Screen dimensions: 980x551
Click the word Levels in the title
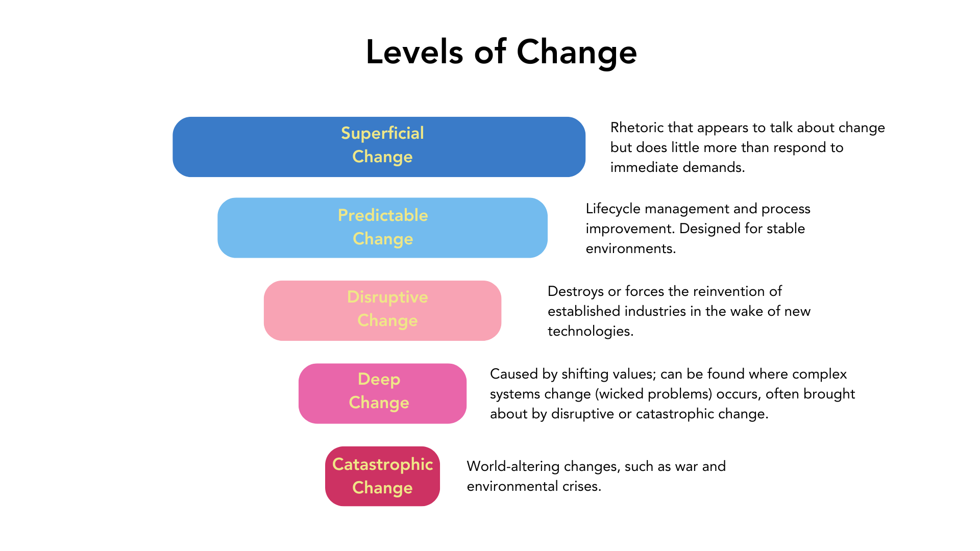[x=414, y=52]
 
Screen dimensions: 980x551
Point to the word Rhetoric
[x=636, y=128]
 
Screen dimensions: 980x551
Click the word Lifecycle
[x=613, y=209]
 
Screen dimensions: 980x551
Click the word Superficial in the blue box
[x=382, y=133]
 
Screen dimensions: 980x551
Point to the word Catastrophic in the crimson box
[x=382, y=464]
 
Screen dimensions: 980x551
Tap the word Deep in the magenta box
[x=379, y=379]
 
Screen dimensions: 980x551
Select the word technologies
[x=590, y=331]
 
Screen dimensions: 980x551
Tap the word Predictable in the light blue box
[x=382, y=215]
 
